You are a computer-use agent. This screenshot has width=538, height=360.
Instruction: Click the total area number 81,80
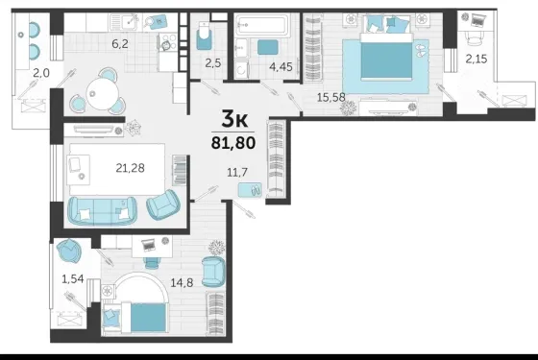coord(233,143)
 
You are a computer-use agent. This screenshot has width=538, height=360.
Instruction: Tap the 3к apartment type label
coord(234,119)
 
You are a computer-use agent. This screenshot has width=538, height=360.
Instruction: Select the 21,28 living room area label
coord(130,168)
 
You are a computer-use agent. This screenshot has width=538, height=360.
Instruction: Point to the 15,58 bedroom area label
coord(330,97)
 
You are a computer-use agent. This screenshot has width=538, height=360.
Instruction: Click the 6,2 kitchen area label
coord(120,44)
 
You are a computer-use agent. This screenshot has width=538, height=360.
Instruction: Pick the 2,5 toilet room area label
coord(213,63)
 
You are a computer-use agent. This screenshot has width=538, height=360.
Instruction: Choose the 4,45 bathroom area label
coord(281,67)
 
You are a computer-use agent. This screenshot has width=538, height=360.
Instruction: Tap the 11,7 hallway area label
coord(237,172)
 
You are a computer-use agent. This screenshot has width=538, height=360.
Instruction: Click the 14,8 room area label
coord(182,283)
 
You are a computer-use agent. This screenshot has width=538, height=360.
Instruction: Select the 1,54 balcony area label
coord(73,279)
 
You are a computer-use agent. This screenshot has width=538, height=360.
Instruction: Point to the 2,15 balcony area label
coord(477,60)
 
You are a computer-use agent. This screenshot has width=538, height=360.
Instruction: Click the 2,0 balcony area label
coord(41,73)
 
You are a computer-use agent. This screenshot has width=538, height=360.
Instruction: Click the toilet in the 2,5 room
coord(205,36)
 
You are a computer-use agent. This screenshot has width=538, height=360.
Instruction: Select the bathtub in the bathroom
coord(263,24)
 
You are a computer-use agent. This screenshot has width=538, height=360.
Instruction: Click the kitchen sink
coord(125,22)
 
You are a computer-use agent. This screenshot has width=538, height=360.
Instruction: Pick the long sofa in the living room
coord(102,211)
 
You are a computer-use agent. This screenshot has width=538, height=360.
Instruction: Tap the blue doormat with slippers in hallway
coord(250,190)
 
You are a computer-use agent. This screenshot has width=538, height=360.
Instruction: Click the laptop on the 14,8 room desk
coord(148,245)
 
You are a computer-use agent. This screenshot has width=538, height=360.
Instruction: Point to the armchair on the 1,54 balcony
coord(68,251)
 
